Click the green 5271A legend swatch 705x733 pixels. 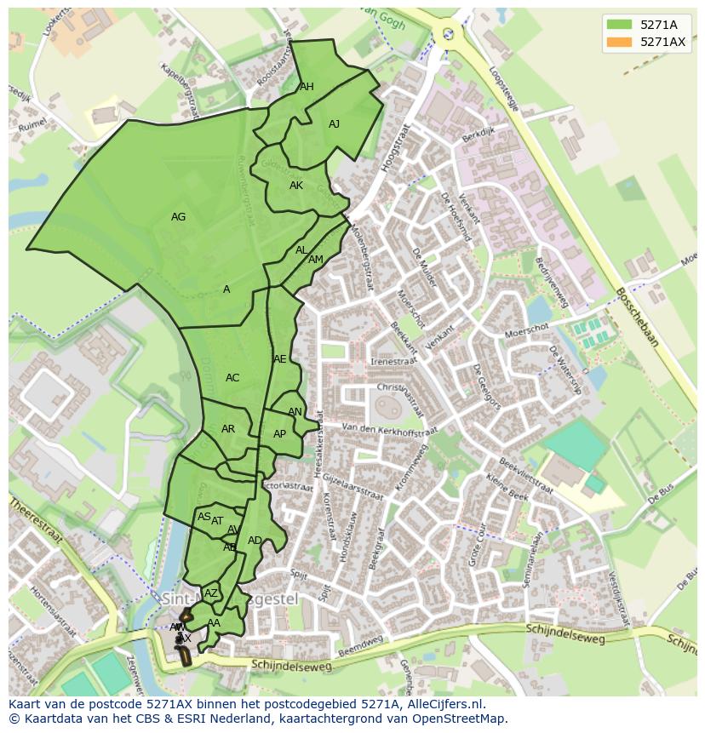(x=619, y=25)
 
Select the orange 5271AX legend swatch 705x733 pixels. (x=619, y=42)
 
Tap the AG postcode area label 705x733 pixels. (x=178, y=217)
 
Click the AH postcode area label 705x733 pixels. (x=307, y=87)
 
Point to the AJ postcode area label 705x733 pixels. (x=334, y=124)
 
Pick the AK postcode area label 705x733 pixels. (x=295, y=186)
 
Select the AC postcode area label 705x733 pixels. (x=232, y=378)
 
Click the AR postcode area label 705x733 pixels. (x=227, y=429)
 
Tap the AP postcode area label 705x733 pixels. (x=279, y=434)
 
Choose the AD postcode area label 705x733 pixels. (x=255, y=541)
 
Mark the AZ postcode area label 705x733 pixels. (x=211, y=593)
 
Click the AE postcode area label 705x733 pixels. (x=280, y=359)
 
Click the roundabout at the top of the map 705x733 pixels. (x=447, y=34)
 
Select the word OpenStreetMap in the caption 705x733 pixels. (x=459, y=719)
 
